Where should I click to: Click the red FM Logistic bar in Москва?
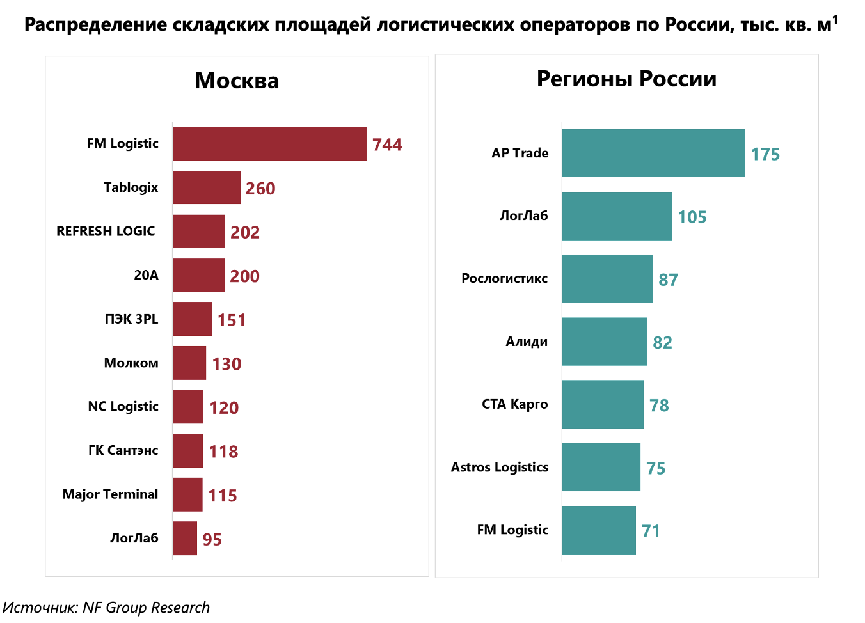pos(269,144)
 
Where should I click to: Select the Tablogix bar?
pos(206,187)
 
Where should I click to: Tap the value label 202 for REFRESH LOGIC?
pos(245,232)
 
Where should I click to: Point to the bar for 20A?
pos(198,275)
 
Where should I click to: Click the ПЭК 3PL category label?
pos(131,319)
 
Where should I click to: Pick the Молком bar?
pos(189,363)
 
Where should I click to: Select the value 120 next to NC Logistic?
pos(224,407)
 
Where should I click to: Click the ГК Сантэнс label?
pos(123,450)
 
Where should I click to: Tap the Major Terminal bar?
pos(187,494)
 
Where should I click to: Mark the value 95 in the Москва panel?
pos(212,539)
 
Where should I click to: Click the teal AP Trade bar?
pos(653,154)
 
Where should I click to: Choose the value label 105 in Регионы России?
pos(692,217)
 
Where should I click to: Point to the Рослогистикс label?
pos(504,278)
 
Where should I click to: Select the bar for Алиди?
pos(605,342)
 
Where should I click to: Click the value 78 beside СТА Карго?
pos(659,406)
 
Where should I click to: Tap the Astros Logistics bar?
pos(601,468)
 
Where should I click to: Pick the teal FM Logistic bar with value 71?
pos(599,530)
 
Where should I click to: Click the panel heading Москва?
pos(237,81)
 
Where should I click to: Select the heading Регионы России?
pos(626,79)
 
